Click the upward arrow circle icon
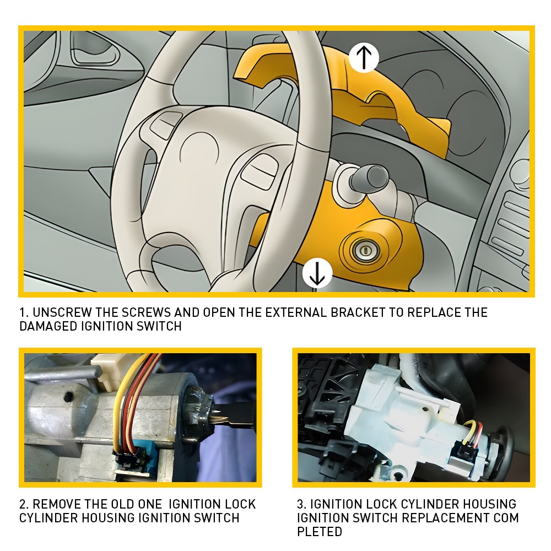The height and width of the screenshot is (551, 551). [364, 58]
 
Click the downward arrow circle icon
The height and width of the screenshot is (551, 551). [317, 273]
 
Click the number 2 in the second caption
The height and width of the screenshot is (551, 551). [23, 504]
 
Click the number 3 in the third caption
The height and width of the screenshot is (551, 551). [300, 504]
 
